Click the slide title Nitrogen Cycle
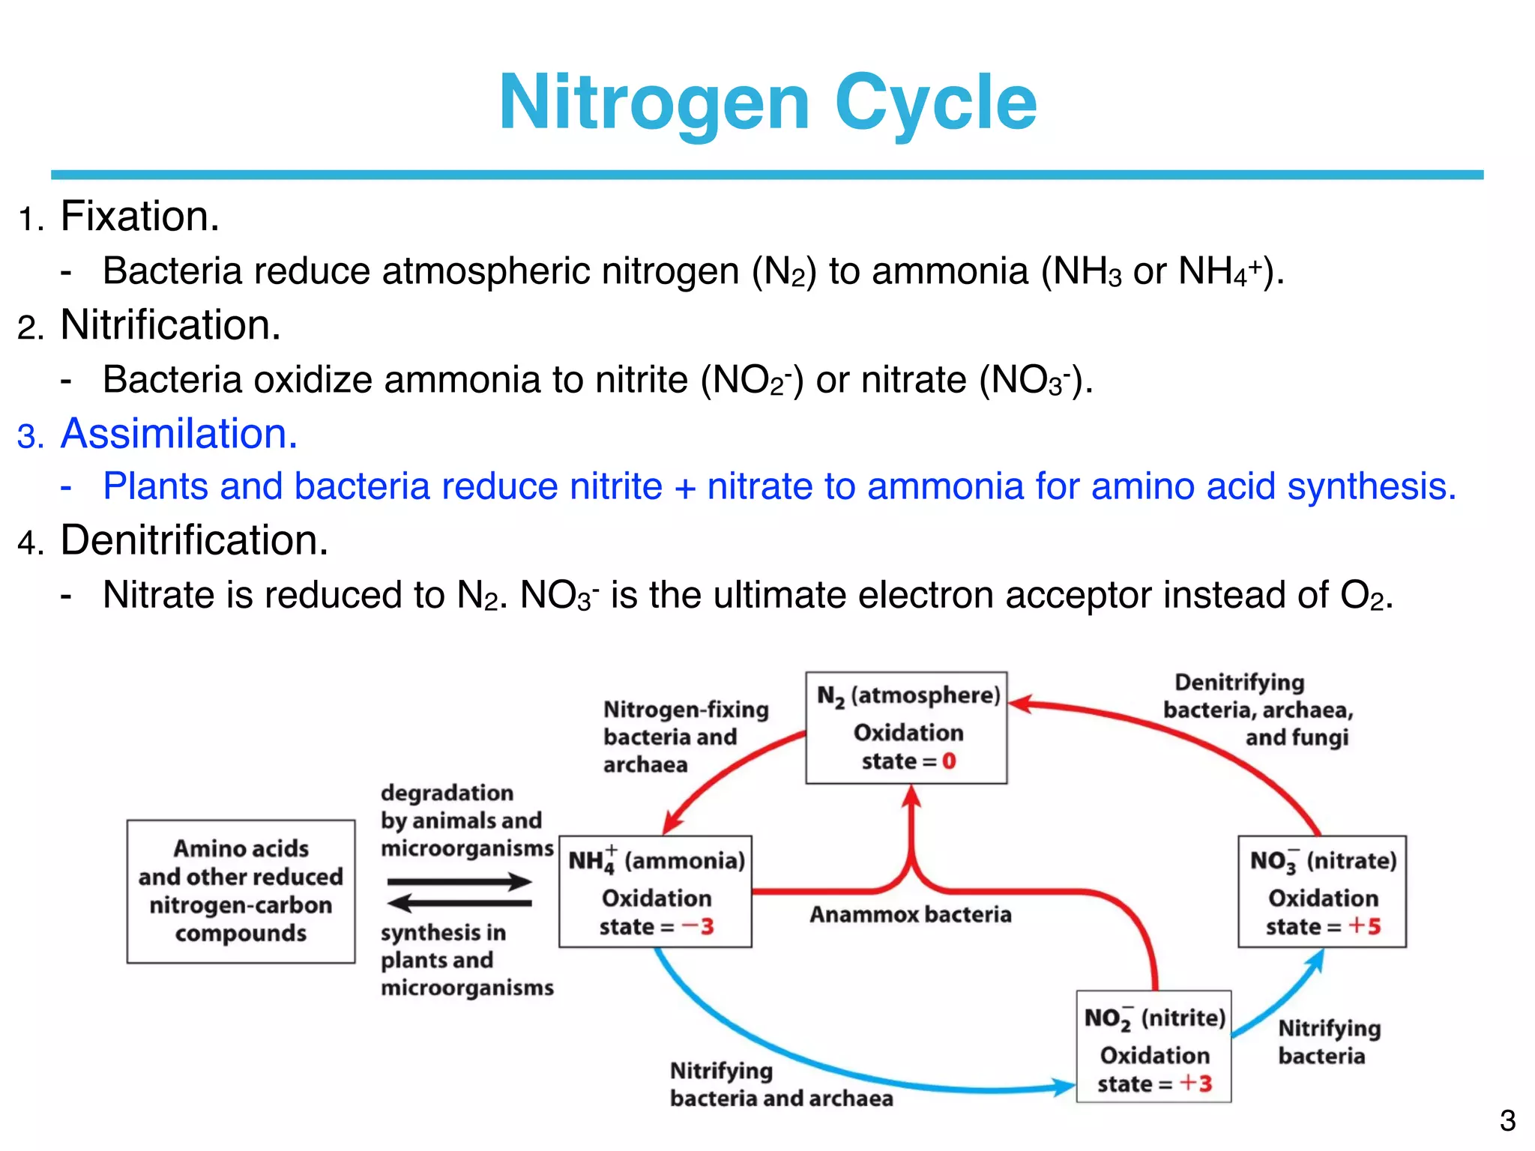click(x=767, y=103)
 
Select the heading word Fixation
click(x=139, y=217)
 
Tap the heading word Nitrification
click(x=170, y=325)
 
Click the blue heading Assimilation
click(x=178, y=434)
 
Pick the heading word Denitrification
click(x=194, y=540)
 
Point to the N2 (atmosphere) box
click(x=906, y=727)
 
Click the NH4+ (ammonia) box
click(x=655, y=892)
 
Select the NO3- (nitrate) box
click(x=1322, y=892)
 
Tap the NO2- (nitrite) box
click(x=1153, y=1047)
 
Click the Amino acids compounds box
click(x=241, y=891)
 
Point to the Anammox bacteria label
click(x=910, y=915)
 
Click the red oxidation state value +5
click(x=1365, y=926)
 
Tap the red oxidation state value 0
click(x=949, y=761)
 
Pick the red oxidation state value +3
click(x=1196, y=1084)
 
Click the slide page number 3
click(x=1507, y=1121)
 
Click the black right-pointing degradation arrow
click(x=459, y=881)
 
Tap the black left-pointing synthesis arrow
click(x=459, y=903)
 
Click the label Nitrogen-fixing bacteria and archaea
click(x=685, y=737)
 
